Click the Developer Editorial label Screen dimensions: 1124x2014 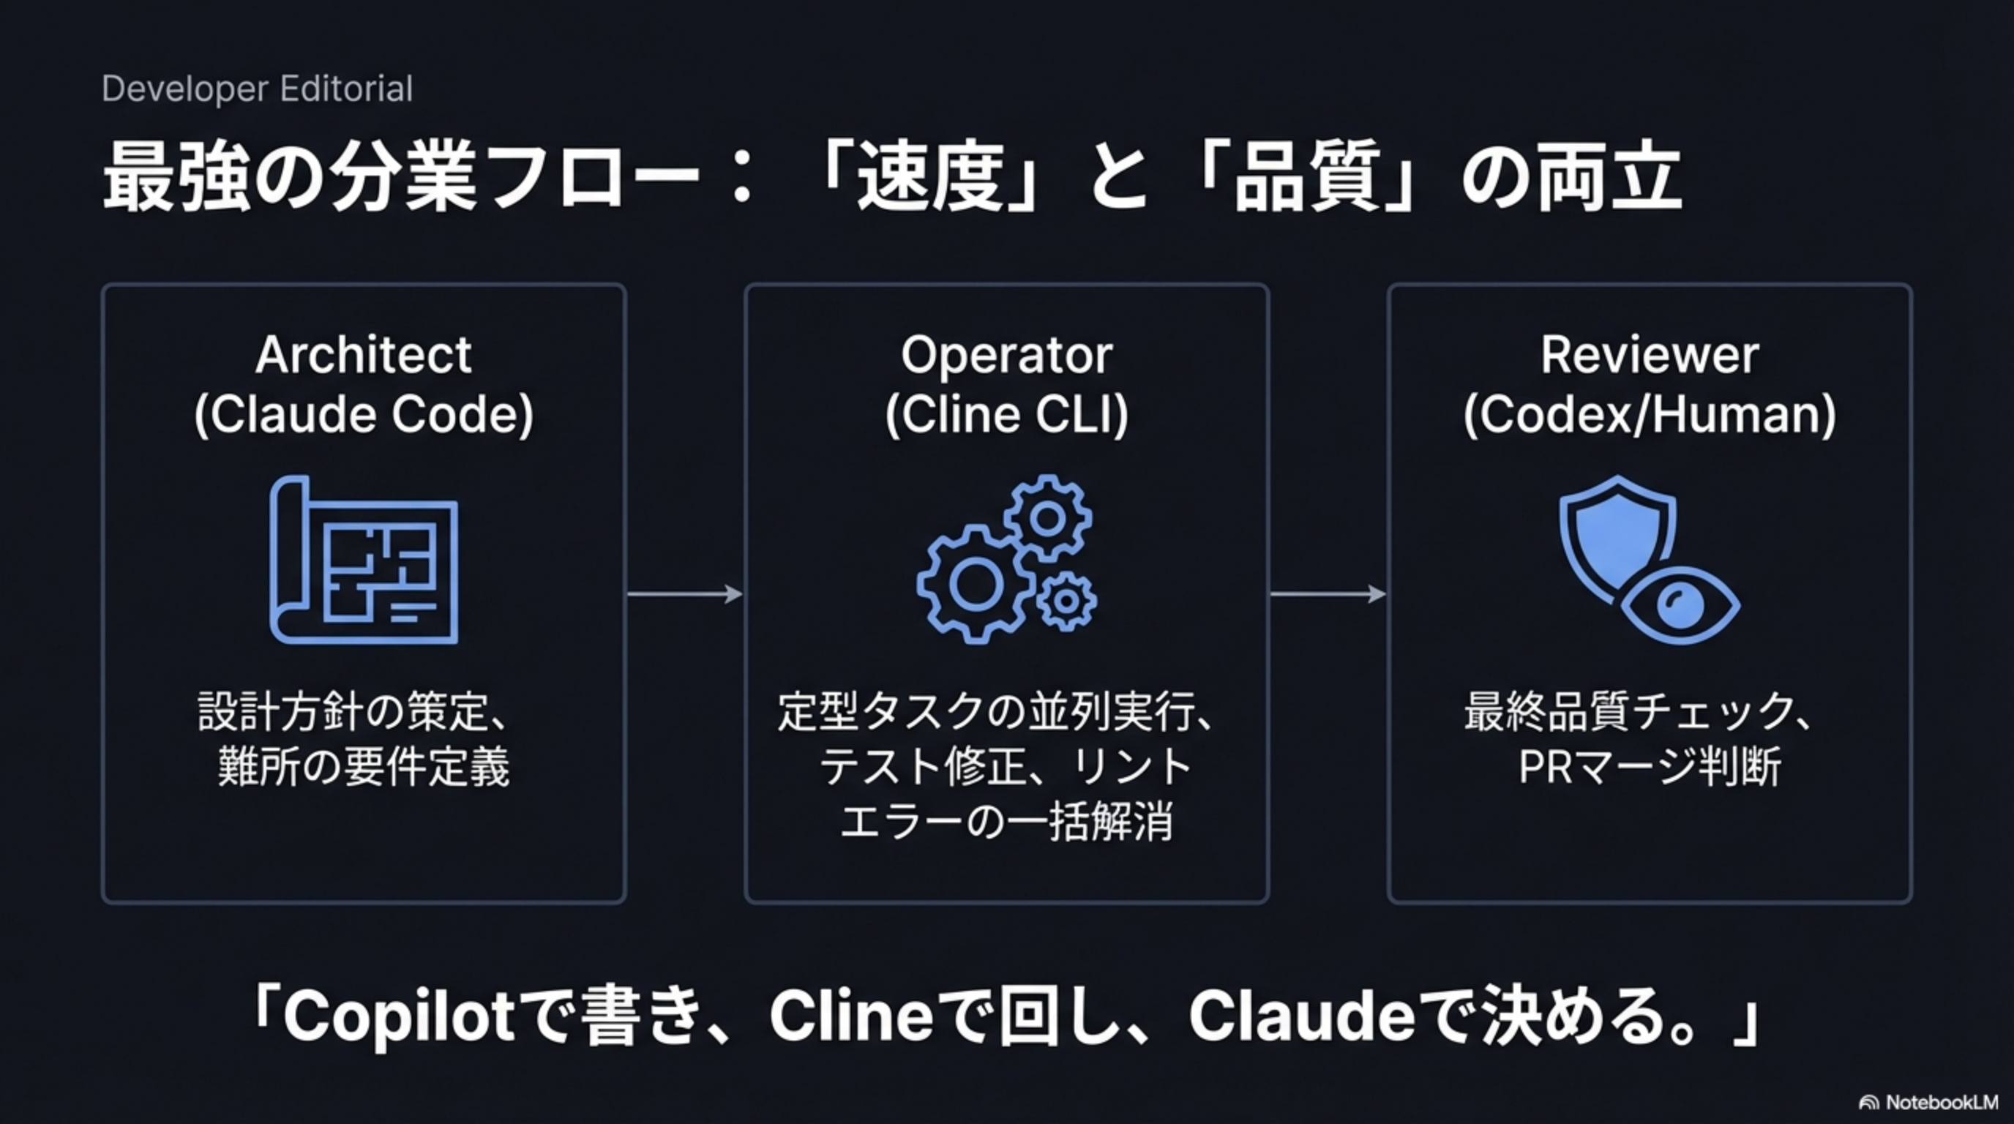(257, 89)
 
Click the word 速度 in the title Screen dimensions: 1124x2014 (930, 179)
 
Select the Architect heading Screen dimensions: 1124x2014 (364, 355)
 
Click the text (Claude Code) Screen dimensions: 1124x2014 (364, 414)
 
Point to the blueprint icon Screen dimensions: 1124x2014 (364, 561)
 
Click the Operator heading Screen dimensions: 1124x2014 (1006, 355)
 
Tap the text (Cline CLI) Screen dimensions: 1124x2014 (1006, 414)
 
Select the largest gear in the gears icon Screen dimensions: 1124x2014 (975, 584)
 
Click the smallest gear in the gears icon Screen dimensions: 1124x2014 (1066, 601)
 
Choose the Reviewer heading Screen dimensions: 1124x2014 (1650, 355)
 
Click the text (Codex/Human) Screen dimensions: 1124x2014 (1650, 414)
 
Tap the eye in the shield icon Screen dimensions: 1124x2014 (1680, 604)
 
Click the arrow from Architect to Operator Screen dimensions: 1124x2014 (685, 594)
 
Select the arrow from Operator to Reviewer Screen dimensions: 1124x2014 (1328, 594)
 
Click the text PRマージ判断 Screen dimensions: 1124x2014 (1650, 767)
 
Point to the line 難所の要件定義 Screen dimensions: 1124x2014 (364, 767)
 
